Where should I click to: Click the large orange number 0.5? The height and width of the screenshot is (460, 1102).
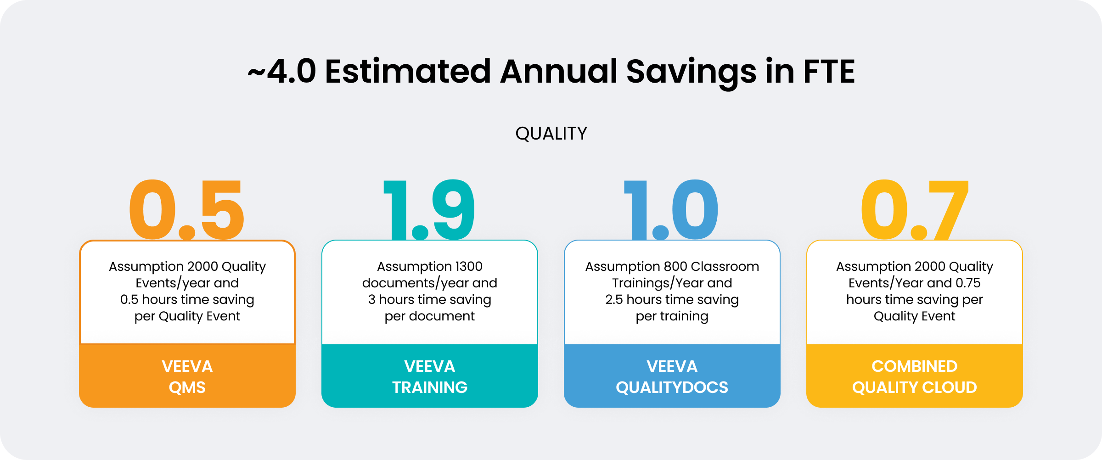click(x=187, y=210)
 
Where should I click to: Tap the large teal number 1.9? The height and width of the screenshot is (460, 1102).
click(x=429, y=210)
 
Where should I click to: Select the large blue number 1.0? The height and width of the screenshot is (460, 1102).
click(x=671, y=210)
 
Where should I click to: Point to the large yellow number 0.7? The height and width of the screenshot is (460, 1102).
click(x=915, y=210)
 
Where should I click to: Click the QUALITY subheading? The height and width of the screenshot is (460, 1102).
click(x=551, y=134)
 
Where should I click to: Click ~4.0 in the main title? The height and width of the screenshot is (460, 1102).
click(x=282, y=72)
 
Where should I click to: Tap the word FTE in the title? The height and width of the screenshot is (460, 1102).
click(x=829, y=72)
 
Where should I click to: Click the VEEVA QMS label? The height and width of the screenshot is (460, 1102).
click(x=187, y=377)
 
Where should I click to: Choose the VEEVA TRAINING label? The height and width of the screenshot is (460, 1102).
click(x=430, y=377)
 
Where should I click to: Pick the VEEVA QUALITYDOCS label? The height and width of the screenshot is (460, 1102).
click(x=672, y=377)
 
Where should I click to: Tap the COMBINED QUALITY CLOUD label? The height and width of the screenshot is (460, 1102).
click(x=915, y=377)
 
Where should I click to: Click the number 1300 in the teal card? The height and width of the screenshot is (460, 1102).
click(x=468, y=266)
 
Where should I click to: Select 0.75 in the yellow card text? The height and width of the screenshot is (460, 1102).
click(x=968, y=283)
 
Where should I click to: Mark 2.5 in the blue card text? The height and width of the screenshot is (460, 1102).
click(x=614, y=299)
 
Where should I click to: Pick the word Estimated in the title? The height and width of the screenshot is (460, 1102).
click(x=408, y=72)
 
